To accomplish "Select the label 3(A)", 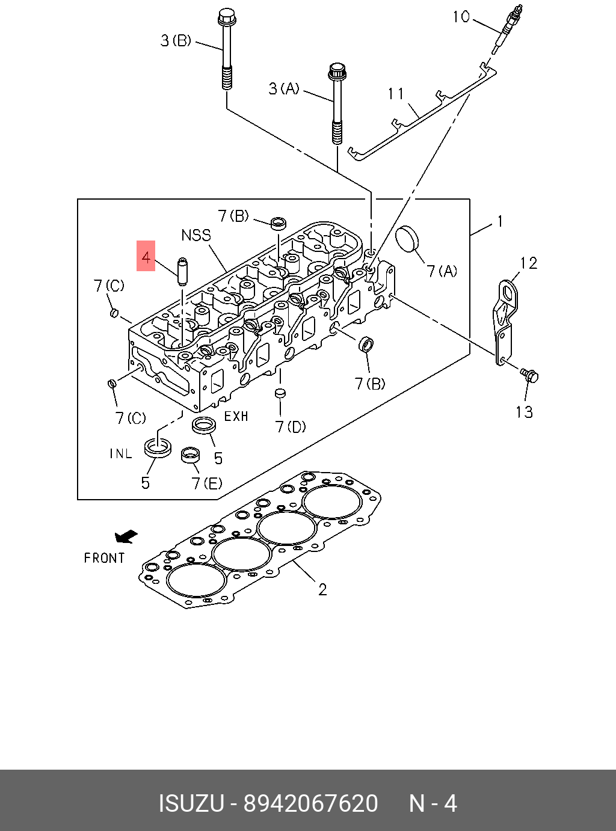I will (284, 89).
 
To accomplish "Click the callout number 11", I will (396, 94).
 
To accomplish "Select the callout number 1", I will (499, 222).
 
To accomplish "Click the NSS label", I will (196, 235).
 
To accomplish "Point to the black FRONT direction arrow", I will (126, 536).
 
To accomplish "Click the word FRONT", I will (104, 558).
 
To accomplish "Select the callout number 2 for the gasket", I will (322, 589).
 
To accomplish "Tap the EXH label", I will (236, 416).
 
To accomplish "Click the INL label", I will (120, 453).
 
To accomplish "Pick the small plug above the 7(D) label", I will (280, 394).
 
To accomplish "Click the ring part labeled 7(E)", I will (190, 455).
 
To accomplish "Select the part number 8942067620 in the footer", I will (310, 803).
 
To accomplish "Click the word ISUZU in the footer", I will (191, 803).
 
